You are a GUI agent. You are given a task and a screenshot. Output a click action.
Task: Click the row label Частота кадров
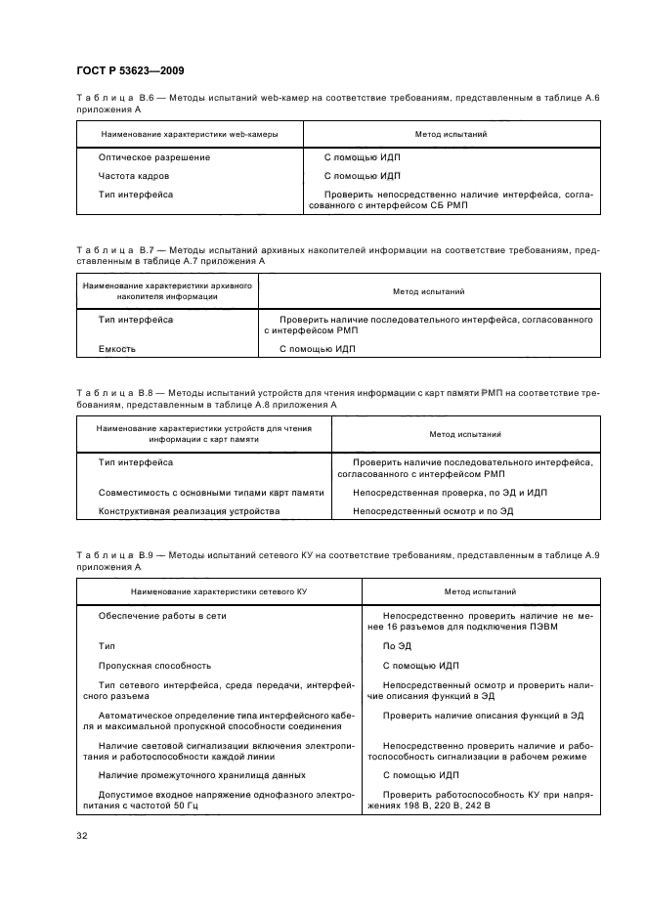[x=134, y=176]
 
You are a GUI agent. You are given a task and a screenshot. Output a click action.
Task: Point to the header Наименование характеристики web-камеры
[x=189, y=133]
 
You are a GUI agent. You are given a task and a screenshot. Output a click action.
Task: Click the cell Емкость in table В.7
[x=117, y=348]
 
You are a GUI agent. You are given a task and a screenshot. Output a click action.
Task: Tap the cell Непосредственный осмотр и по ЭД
[x=432, y=510]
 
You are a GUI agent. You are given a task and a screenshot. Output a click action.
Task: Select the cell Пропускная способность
[x=142, y=665]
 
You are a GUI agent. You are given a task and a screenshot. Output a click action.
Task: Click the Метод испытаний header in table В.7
[x=428, y=291]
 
